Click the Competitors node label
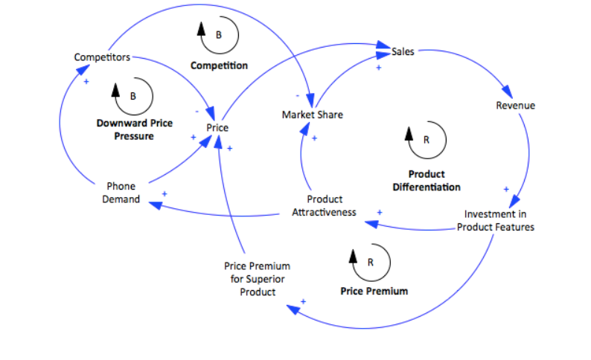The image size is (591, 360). (103, 57)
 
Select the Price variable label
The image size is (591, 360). (217, 128)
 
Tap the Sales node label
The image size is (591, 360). (403, 51)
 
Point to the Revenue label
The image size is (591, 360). (515, 106)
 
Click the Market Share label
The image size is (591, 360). (313, 115)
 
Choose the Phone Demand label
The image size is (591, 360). (121, 193)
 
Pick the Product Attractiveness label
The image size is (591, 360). (325, 205)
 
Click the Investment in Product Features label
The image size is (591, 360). (495, 220)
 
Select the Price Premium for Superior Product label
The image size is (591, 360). (257, 278)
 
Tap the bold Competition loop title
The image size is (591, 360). (219, 65)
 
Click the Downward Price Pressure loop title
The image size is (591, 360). (134, 129)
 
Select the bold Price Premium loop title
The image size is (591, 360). (374, 291)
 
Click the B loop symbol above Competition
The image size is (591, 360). (218, 34)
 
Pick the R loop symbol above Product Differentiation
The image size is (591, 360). (427, 138)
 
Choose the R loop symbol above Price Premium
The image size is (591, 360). (370, 261)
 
